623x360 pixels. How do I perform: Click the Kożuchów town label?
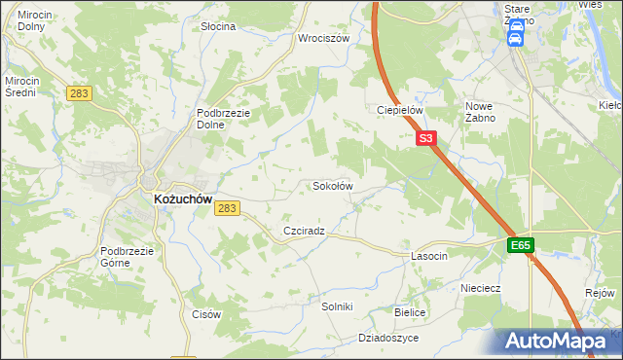pos(183,198)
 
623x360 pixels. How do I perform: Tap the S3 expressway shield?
pos(426,139)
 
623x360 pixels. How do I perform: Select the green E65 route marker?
pos(520,246)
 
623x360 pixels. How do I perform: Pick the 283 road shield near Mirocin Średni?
pos(80,92)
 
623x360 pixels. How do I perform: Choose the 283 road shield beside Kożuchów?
pos(228,208)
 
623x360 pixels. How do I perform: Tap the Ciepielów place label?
pos(399,110)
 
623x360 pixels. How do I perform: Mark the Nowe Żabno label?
pos(481,111)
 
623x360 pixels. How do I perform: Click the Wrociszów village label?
pos(324,39)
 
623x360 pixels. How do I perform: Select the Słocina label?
pos(218,26)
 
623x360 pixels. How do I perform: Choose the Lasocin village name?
pos(429,256)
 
